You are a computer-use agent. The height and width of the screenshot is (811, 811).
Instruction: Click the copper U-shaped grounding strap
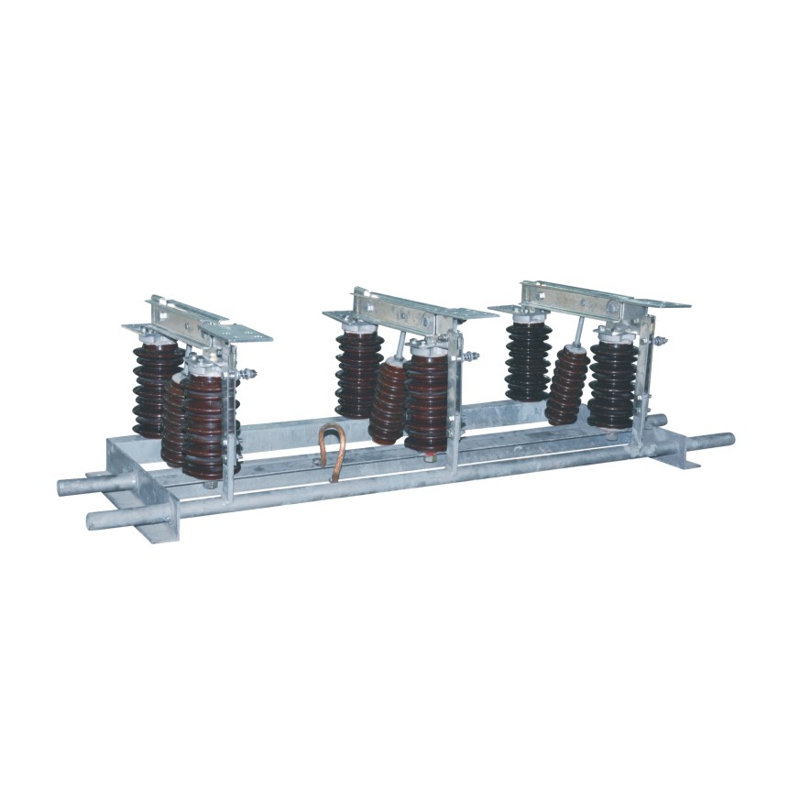(x=332, y=450)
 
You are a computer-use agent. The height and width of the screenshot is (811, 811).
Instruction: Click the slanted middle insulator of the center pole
(x=388, y=400)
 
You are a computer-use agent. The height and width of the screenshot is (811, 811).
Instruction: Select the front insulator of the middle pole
(x=427, y=393)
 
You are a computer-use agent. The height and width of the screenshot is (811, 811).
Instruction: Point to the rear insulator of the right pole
(x=529, y=359)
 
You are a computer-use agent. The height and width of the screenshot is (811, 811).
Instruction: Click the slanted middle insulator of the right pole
(x=567, y=384)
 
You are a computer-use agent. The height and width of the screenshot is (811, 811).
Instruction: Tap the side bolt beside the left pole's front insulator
(x=247, y=374)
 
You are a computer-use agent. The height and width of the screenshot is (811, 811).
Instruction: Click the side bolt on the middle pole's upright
(x=471, y=356)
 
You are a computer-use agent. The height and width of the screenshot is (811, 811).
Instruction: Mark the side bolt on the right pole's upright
(x=659, y=342)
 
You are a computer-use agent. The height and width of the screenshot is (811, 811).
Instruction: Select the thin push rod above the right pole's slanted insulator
(x=579, y=330)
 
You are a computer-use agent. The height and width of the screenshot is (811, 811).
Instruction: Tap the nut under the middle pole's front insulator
(x=429, y=455)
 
